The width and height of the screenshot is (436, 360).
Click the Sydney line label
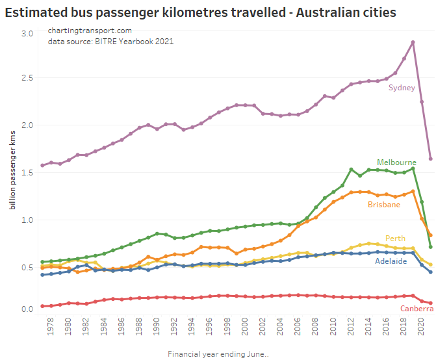coord(402,88)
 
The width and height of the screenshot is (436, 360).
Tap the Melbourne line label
coord(396,162)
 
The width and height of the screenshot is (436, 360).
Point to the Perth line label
coord(395,238)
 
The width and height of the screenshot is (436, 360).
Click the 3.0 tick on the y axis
coord(26,33)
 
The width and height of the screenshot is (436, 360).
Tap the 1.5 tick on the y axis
coord(26,172)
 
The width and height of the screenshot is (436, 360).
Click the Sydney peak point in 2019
coord(413,43)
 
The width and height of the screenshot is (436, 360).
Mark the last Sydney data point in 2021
coord(430,159)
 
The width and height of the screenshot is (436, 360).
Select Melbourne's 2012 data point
coord(351,170)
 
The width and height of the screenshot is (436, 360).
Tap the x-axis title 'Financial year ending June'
coord(218,354)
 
